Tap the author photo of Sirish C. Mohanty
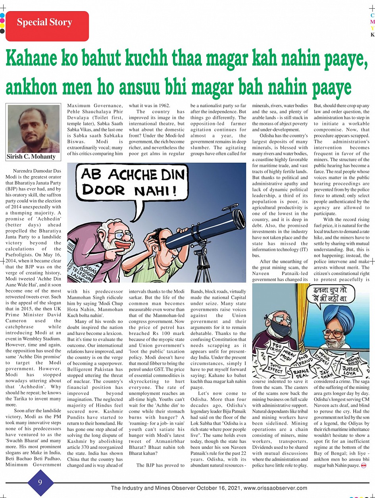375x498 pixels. pos(34,129)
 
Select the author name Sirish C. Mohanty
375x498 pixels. pos(31,156)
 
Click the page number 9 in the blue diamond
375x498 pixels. pos(40,482)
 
